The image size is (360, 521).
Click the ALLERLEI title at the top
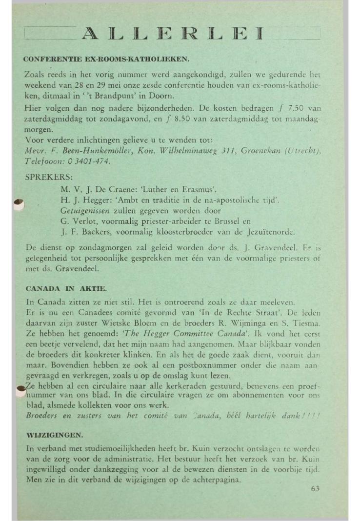click(173, 34)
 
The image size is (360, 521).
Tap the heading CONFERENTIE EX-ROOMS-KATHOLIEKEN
click(106, 60)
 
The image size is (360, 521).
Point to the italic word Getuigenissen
click(87, 211)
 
